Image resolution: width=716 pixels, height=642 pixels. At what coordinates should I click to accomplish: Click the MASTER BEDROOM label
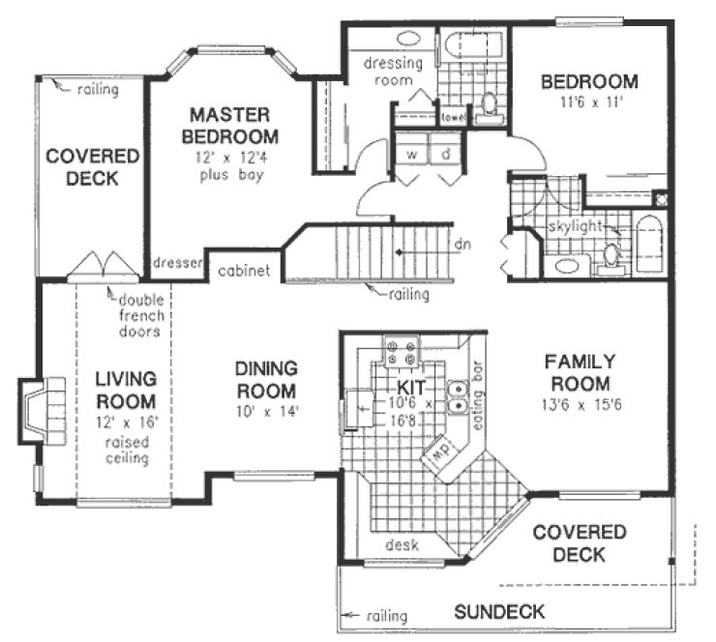pyautogui.click(x=233, y=125)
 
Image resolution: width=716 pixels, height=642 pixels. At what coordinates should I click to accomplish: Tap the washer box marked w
pyautogui.click(x=410, y=154)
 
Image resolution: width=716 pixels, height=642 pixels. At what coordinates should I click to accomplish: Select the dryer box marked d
pyautogui.click(x=446, y=154)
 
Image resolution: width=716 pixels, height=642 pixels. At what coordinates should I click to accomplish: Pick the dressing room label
pyautogui.click(x=394, y=73)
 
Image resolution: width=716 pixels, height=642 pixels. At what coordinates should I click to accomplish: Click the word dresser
pyautogui.click(x=176, y=262)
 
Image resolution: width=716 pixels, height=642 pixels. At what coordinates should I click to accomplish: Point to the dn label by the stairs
pyautogui.click(x=463, y=245)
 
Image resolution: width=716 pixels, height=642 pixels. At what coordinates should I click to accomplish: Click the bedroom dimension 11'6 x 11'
pyautogui.click(x=588, y=102)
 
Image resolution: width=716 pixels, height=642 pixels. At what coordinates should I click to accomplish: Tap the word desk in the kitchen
pyautogui.click(x=401, y=545)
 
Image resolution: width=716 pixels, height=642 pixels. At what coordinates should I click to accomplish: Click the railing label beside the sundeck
pyautogui.click(x=383, y=616)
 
